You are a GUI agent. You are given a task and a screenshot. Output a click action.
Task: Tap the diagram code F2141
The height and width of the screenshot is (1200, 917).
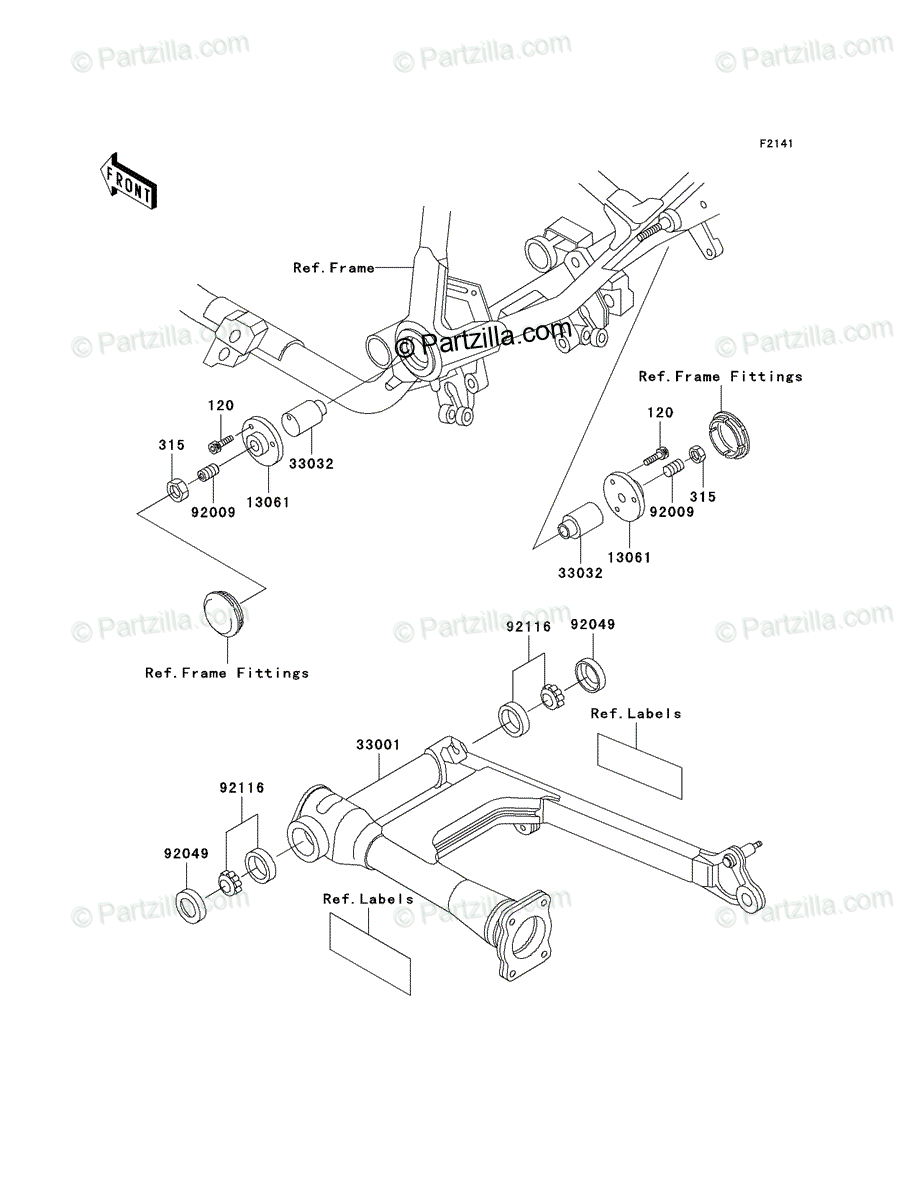pos(776,144)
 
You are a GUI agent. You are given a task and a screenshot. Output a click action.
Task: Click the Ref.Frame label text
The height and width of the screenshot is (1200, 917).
pos(334,268)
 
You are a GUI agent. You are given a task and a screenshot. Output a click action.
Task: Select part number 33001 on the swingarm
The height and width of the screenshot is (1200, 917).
pos(378,745)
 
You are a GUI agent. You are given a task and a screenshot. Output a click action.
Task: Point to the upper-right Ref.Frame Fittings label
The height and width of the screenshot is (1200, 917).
pos(720,376)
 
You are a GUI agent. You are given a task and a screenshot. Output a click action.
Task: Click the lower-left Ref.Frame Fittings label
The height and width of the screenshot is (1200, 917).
pos(227,673)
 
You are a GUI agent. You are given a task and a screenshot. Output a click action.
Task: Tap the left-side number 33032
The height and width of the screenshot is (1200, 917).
pos(311,464)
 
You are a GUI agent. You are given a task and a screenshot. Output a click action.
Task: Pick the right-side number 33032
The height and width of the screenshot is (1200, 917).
pos(580,573)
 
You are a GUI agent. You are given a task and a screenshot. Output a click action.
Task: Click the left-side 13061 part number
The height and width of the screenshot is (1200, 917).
pos(268,502)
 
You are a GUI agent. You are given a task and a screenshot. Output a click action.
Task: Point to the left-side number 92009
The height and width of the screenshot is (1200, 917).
pos(213,512)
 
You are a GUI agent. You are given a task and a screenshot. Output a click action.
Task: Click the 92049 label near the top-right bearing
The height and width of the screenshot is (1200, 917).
pos(593,624)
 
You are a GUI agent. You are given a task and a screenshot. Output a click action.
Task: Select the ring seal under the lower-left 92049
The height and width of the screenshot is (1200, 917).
pos(192,906)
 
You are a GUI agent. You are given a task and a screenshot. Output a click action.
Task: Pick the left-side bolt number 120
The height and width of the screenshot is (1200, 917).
pos(220,405)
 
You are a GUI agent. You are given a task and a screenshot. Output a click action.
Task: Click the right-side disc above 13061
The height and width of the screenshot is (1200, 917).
pos(624,494)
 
